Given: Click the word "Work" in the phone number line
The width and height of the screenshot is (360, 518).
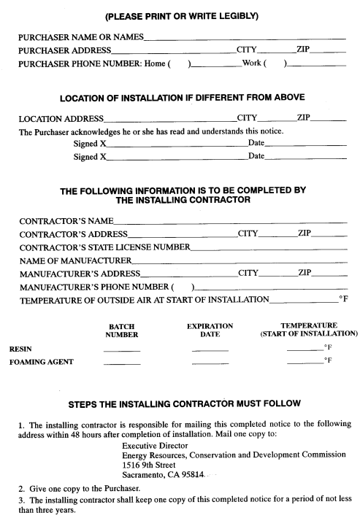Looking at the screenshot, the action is [252, 64].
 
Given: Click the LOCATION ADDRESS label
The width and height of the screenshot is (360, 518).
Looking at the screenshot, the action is [61, 118].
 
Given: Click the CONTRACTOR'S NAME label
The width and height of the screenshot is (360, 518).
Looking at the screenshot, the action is [66, 220].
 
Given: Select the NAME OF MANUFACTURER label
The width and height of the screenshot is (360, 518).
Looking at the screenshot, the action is [74, 260].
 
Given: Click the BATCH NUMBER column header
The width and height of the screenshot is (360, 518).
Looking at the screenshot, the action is [122, 330].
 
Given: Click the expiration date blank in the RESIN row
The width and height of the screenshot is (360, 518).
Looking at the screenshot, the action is [210, 351].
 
